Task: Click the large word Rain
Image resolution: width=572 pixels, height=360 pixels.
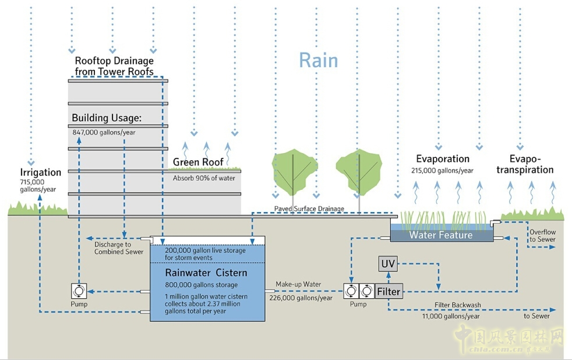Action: (318, 60)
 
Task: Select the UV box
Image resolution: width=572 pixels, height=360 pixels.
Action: (387, 264)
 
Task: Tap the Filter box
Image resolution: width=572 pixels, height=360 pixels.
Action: (389, 291)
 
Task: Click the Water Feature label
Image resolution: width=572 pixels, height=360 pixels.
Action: (441, 235)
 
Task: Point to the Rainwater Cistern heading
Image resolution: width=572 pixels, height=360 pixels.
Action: (206, 273)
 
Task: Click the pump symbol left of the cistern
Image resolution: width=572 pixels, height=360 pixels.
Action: (79, 290)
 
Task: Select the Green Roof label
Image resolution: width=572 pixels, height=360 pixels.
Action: (198, 162)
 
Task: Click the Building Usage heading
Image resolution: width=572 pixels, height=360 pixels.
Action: (107, 118)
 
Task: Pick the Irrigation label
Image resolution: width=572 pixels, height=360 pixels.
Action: (40, 172)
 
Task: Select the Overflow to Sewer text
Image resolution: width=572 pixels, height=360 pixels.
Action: (542, 236)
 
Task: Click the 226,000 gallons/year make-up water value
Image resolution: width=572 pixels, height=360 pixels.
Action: (301, 298)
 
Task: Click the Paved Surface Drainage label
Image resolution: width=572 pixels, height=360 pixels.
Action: (309, 209)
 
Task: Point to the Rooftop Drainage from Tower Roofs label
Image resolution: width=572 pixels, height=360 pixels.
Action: (114, 66)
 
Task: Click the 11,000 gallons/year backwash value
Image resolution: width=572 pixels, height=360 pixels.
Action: (451, 316)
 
